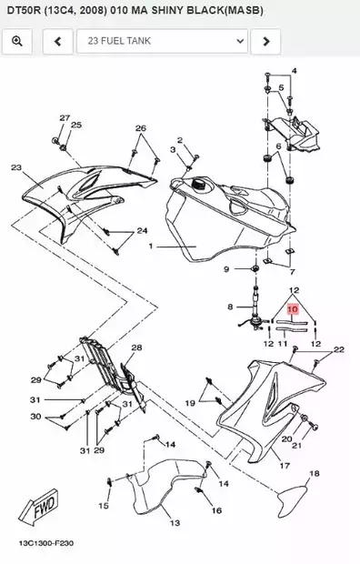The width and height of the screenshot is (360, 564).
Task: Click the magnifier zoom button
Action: pyautogui.click(x=17, y=41)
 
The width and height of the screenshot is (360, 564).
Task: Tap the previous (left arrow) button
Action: pyautogui.click(x=57, y=41)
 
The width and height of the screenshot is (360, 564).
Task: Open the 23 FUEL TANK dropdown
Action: pyautogui.click(x=162, y=41)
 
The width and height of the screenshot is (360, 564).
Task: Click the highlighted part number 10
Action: pyautogui.click(x=293, y=309)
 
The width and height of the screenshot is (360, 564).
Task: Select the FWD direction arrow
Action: pyautogui.click(x=39, y=507)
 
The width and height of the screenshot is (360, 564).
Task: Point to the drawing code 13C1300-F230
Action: pyautogui.click(x=46, y=543)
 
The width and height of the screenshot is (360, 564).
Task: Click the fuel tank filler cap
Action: pyautogui.click(x=198, y=184)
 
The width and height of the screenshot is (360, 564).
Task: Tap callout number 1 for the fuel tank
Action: pyautogui.click(x=151, y=247)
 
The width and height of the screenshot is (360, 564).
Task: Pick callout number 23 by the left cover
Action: pyautogui.click(x=16, y=167)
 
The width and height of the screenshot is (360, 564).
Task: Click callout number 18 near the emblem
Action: pyautogui.click(x=315, y=473)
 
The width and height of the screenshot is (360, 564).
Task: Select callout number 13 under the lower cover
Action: pyautogui.click(x=175, y=523)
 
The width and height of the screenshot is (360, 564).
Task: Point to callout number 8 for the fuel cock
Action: pyautogui.click(x=230, y=307)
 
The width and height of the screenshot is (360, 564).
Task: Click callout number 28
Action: pyautogui.click(x=136, y=347)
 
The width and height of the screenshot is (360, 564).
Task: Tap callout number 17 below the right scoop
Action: pyautogui.click(x=285, y=466)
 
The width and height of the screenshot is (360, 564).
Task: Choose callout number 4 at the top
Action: pyautogui.click(x=295, y=71)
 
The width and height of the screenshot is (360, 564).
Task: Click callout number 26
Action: pyautogui.click(x=141, y=128)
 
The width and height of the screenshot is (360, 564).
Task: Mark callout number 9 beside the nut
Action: pyautogui.click(x=226, y=269)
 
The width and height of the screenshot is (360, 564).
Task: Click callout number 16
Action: pyautogui.click(x=216, y=510)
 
